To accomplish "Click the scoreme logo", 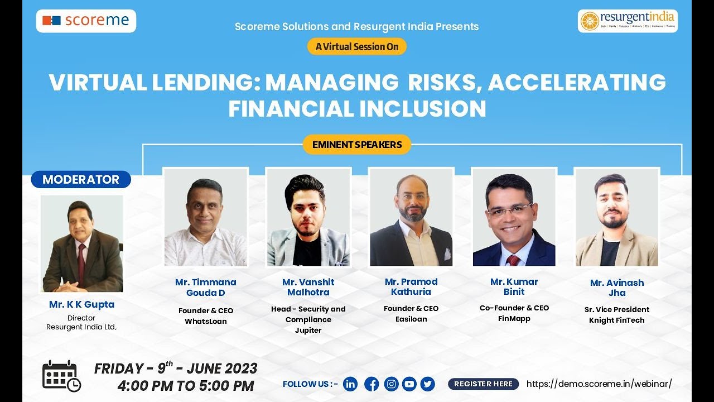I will (x=86, y=21).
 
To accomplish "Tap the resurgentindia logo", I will (x=628, y=21).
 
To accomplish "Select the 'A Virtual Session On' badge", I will (x=357, y=47).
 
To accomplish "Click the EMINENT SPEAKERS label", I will (x=357, y=145).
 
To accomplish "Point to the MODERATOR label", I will (x=81, y=179).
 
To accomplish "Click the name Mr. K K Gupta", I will (x=81, y=304).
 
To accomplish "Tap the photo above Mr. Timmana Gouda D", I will (x=205, y=217).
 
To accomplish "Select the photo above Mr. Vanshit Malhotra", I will (x=308, y=217).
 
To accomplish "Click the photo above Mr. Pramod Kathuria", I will (x=411, y=217).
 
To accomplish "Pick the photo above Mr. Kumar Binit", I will (x=514, y=217).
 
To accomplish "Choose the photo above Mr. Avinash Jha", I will (x=617, y=217).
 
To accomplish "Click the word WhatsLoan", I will (x=206, y=321).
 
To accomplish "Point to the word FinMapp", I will (x=514, y=318).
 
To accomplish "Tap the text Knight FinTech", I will (x=617, y=320).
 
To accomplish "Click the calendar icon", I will (x=61, y=375).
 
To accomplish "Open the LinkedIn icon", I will (x=350, y=384).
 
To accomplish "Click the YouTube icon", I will (x=409, y=384).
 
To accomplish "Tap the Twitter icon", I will (x=428, y=384).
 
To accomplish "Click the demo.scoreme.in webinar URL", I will (x=599, y=384).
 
